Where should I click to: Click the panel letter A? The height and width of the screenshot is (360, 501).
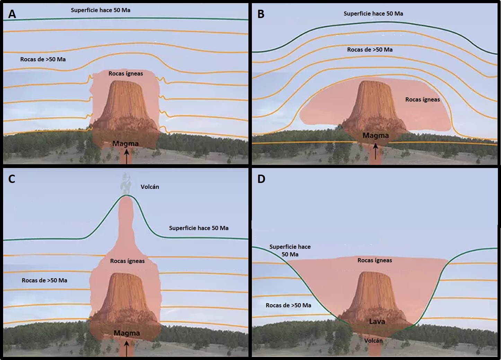[x=12, y=14]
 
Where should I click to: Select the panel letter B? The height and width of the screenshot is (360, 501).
[x=261, y=14]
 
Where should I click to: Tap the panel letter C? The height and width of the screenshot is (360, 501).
[x=12, y=179]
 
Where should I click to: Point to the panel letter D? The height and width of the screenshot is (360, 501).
[x=261, y=179]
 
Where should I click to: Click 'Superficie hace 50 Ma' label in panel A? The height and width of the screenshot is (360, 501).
[x=100, y=10]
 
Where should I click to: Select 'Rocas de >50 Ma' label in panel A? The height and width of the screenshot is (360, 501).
[x=43, y=59]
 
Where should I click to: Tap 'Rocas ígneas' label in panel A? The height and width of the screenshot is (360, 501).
[x=126, y=73]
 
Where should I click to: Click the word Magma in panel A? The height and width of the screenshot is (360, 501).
[x=125, y=143]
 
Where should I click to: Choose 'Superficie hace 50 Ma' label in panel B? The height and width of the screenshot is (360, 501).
[x=373, y=14]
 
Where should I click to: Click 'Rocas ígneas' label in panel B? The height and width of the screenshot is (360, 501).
[x=422, y=99]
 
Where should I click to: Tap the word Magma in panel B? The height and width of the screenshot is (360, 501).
[x=376, y=135]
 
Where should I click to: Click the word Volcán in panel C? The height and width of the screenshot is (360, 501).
[x=150, y=187]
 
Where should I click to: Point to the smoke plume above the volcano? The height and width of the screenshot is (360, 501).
[x=125, y=184]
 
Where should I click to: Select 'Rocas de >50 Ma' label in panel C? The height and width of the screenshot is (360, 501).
[x=44, y=280]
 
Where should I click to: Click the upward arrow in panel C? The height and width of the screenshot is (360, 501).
[x=126, y=348]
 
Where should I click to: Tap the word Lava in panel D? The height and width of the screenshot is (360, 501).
[x=377, y=321]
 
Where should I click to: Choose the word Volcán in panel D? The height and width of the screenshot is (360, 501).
[x=373, y=341]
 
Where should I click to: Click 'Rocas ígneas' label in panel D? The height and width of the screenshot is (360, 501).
[x=375, y=260]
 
